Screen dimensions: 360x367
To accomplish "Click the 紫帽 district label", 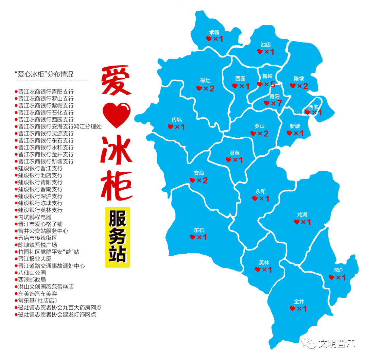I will [214, 32].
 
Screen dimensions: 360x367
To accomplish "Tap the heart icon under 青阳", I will [267, 103].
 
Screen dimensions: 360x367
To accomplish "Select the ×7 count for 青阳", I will [277, 103].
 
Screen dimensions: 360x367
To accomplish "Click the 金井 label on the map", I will [299, 301].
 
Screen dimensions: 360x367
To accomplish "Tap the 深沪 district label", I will [338, 270].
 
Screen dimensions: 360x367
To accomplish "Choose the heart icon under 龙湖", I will [297, 222].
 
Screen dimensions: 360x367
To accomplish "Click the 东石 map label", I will [199, 230].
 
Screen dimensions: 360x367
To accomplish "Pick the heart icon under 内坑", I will [171, 127].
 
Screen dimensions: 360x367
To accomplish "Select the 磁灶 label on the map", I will [205, 81].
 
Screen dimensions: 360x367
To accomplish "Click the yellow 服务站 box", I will [117, 237].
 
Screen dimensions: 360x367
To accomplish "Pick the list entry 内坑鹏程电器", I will [35, 217].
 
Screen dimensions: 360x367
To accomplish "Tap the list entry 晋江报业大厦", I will [35, 259].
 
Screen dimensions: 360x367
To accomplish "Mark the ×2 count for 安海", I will [202, 181].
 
